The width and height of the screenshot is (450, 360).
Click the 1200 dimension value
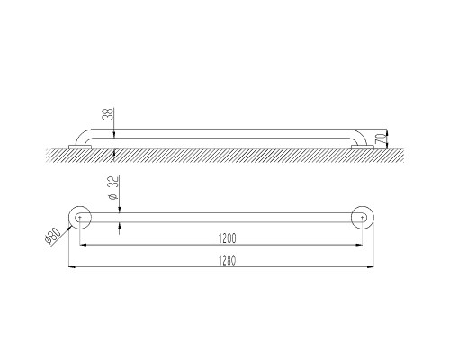click(x=228, y=238)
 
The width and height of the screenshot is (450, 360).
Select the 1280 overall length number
click(x=227, y=260)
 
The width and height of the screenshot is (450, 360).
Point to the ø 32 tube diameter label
click(x=113, y=188)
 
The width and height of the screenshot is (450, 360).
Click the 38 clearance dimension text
click(x=108, y=114)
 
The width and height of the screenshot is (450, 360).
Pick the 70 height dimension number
click(x=380, y=139)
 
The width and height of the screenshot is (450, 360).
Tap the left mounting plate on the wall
click(x=80, y=147)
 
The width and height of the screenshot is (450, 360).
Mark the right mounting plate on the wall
click(x=363, y=147)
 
